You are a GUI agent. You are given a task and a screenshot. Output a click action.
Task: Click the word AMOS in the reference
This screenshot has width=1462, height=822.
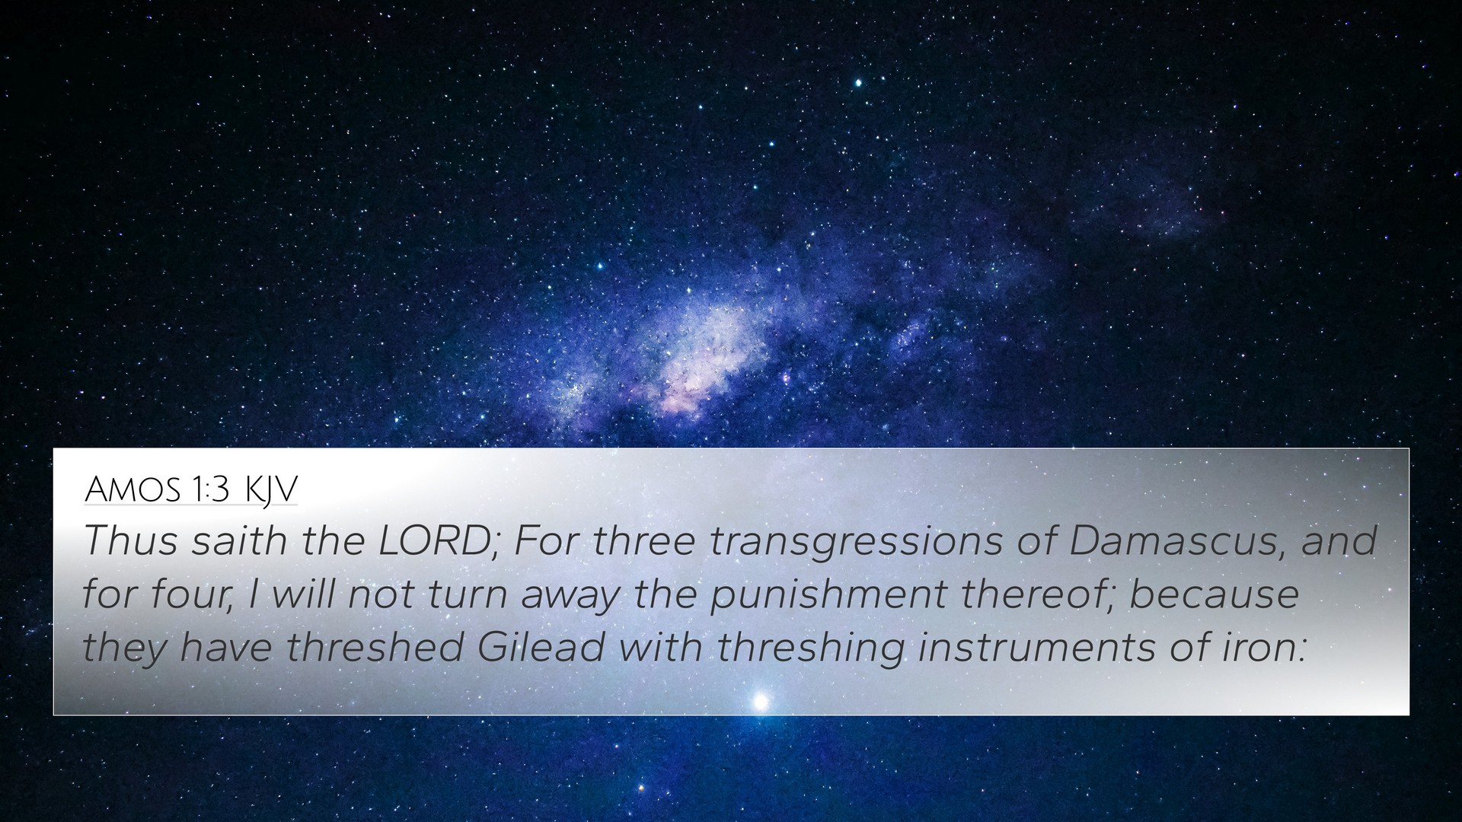133,491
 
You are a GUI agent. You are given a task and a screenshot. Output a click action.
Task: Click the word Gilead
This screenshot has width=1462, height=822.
541,647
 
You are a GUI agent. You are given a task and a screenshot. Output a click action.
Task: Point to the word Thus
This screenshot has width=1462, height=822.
131,542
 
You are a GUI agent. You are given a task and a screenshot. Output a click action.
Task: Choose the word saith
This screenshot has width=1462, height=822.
239,542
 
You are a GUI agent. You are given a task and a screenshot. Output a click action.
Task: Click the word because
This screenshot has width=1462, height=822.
1214,594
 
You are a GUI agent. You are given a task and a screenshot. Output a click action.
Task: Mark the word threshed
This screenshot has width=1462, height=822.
375,647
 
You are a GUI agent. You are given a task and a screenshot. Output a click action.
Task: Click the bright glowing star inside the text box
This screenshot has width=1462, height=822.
759,701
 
